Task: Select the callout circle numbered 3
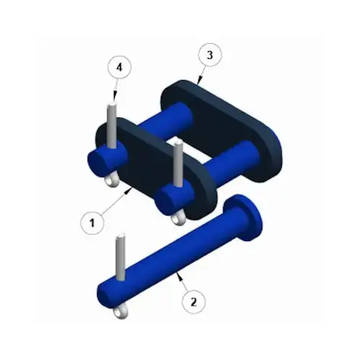point(209,55)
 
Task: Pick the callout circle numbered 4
point(119,67)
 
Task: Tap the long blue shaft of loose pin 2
point(173,259)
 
